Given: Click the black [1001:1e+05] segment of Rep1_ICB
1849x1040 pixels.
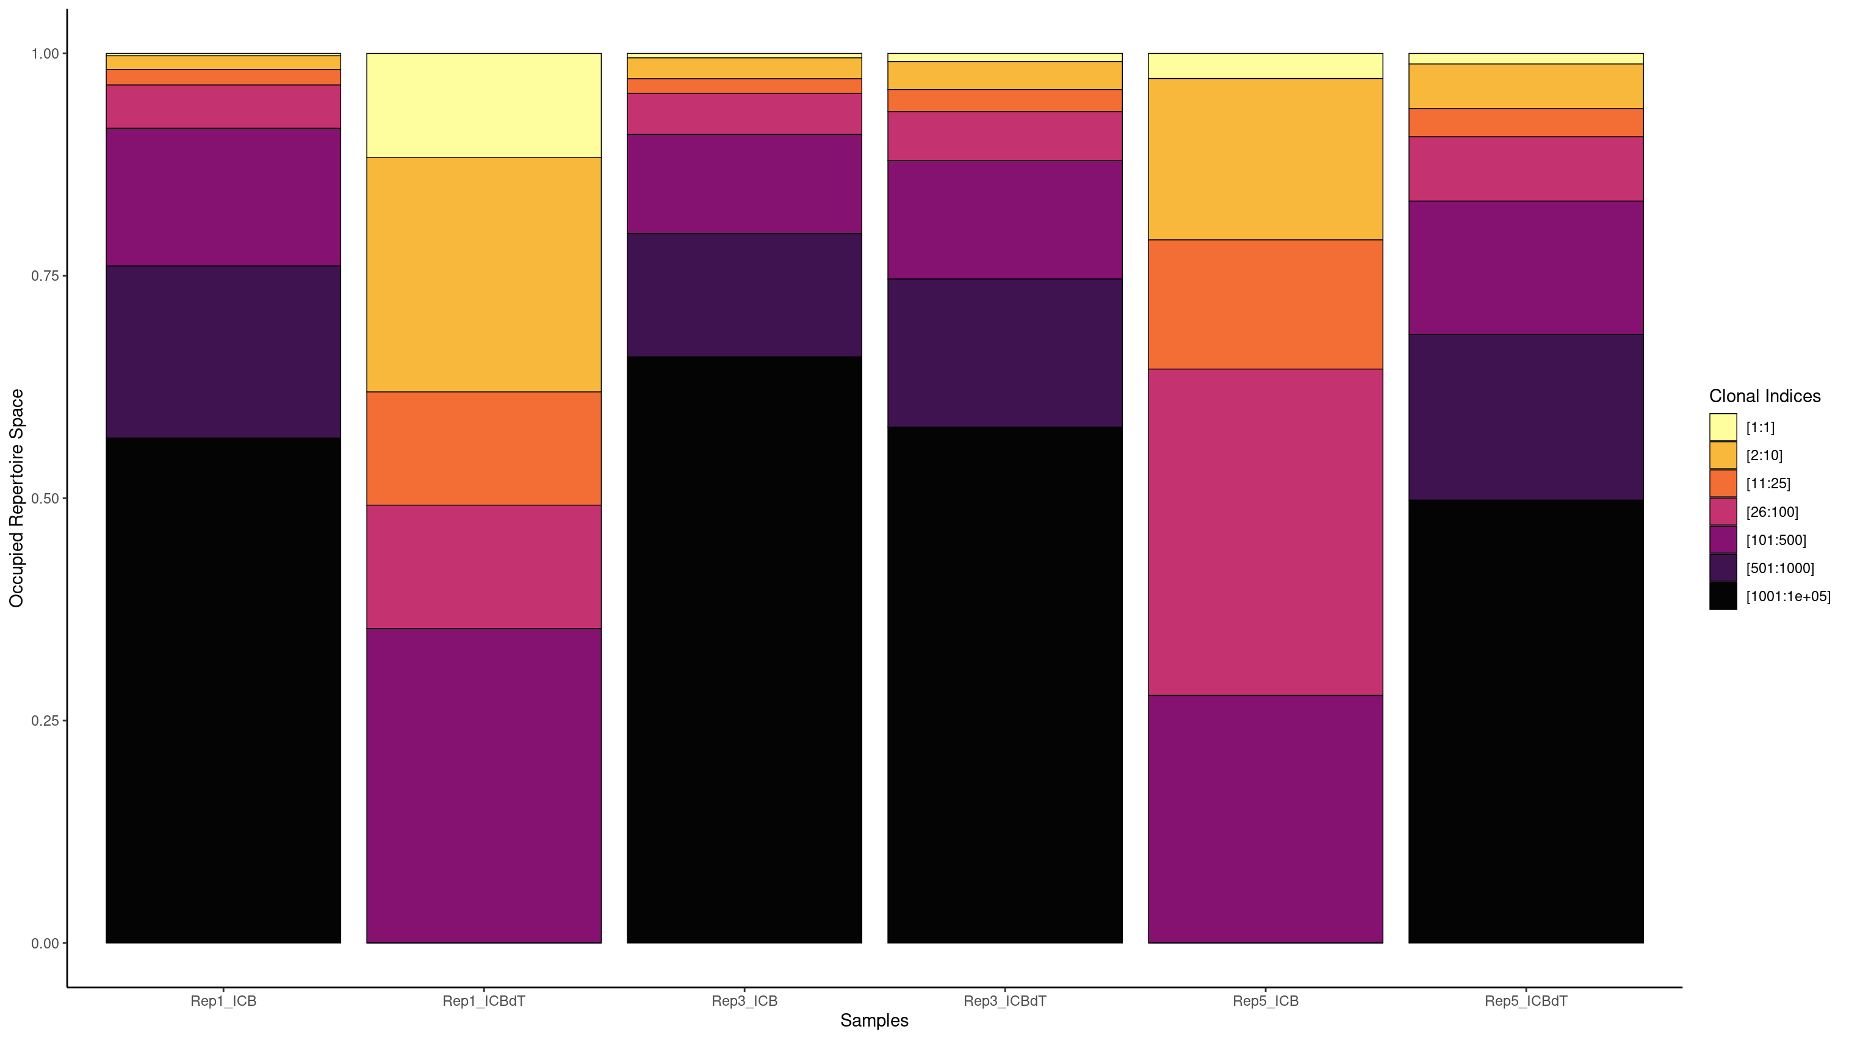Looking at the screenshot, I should tap(223, 689).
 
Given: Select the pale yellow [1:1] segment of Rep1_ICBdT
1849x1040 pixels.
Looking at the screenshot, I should tap(484, 105).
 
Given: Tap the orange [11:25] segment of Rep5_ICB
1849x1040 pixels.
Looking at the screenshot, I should tap(1265, 305).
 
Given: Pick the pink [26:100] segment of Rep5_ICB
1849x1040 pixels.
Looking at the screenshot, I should tap(1265, 531).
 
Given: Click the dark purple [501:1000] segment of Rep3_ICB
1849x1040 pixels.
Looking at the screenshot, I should tap(744, 294).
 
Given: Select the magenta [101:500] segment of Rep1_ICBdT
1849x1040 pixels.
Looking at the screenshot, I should tap(484, 785).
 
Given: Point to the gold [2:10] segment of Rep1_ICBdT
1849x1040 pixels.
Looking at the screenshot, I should tap(484, 274).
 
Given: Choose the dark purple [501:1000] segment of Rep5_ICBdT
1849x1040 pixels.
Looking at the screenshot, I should tap(1526, 416).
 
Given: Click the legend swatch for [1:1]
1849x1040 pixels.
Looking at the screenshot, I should tap(1723, 427).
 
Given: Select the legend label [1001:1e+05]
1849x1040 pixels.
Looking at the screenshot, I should tap(1787, 596).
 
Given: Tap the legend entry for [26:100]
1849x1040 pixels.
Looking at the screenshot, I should tap(1772, 511).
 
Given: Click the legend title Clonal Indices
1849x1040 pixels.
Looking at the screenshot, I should tap(1764, 396).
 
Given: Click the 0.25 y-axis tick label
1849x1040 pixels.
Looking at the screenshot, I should tap(45, 721).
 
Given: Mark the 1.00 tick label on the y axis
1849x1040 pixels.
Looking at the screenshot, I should tap(45, 54).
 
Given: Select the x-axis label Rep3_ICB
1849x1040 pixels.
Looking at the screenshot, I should tap(744, 1000).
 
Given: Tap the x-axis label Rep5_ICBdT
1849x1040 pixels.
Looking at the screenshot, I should tap(1526, 1000).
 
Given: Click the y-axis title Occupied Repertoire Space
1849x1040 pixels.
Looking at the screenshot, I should tap(16, 497).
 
